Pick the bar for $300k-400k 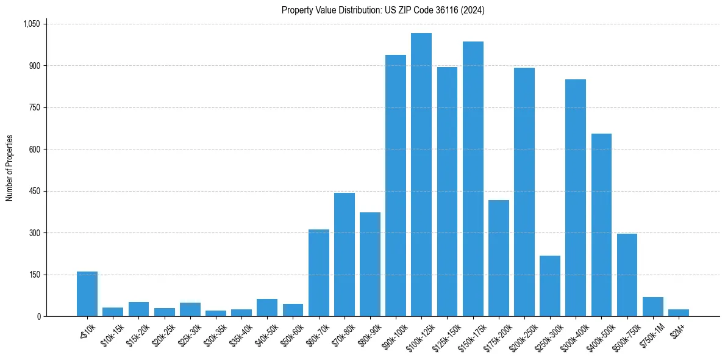coord(576,198)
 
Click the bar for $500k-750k coord(627,275)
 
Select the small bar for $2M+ coord(679,312)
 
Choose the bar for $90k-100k coord(396,185)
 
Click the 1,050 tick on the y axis coord(31,24)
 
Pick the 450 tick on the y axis coord(34,191)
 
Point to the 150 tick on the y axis coord(34,275)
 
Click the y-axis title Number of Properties coord(10,168)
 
